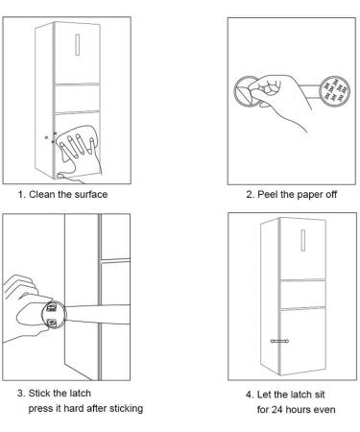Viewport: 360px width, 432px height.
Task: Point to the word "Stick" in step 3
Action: tap(37, 393)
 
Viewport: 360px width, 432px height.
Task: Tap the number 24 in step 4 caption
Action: tap(276, 410)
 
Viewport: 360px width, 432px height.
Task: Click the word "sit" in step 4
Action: tap(319, 395)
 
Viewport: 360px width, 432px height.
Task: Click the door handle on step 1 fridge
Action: tap(78, 45)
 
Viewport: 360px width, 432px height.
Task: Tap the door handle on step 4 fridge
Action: tap(303, 240)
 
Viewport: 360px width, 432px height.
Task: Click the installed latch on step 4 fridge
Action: tap(279, 341)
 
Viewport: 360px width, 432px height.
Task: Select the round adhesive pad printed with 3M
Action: tap(335, 91)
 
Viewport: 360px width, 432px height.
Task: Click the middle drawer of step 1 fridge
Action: tap(77, 98)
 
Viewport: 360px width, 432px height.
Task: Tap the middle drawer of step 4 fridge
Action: tap(302, 295)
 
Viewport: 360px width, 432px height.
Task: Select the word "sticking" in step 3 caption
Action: tap(127, 409)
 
